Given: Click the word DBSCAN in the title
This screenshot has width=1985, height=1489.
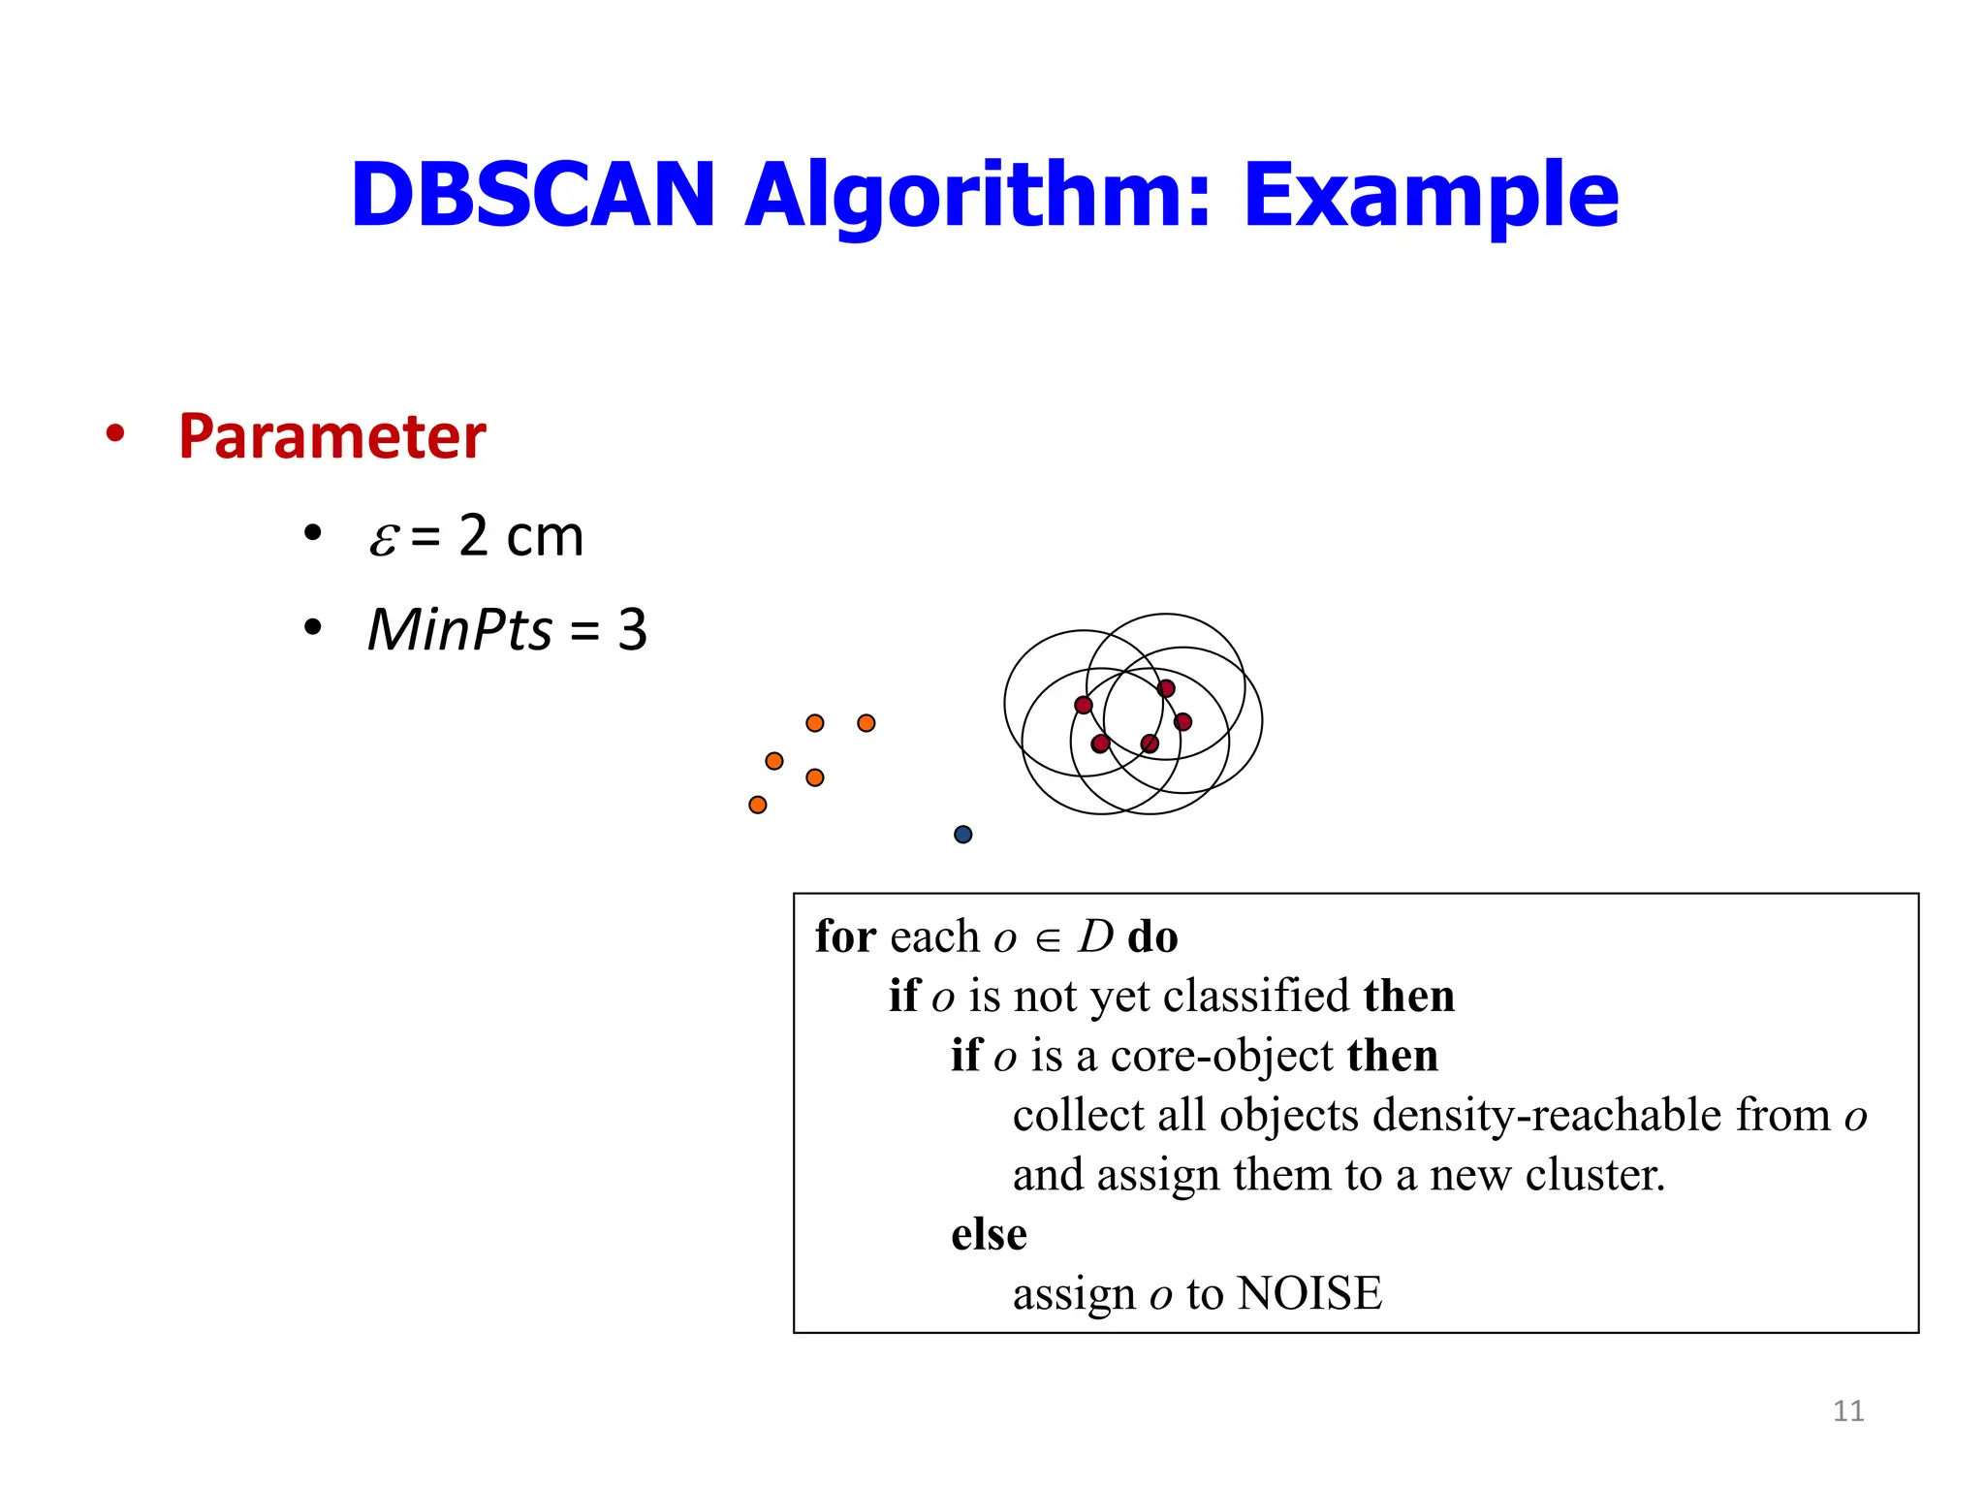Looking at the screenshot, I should [x=532, y=195].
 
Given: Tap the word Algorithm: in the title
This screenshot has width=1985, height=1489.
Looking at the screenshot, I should [x=977, y=195].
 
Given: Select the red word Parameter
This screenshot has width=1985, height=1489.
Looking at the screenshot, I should [x=331, y=436].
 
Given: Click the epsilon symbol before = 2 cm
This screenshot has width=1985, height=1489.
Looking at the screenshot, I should [x=383, y=538].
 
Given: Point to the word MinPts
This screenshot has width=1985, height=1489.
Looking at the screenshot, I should [x=459, y=630].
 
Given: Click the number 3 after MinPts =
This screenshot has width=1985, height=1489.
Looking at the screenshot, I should [x=632, y=630].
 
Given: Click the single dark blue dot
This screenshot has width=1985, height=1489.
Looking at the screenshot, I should [x=962, y=835].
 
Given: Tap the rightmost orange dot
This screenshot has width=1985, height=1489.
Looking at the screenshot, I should [x=866, y=723].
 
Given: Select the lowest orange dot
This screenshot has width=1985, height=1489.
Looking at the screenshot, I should [x=758, y=805].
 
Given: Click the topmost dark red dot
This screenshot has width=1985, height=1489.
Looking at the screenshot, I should [x=1166, y=688].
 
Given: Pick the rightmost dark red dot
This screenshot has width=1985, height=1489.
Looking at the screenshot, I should [x=1182, y=721].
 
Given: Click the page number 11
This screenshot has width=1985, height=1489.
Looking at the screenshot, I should [x=1847, y=1410].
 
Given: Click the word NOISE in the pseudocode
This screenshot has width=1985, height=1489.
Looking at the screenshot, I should [x=1309, y=1293].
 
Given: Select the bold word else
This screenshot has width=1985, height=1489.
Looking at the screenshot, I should [x=989, y=1234].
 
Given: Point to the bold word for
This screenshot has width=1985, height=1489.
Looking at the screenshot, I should [x=845, y=936].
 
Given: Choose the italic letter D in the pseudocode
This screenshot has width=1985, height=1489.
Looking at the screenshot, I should [x=1096, y=936].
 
